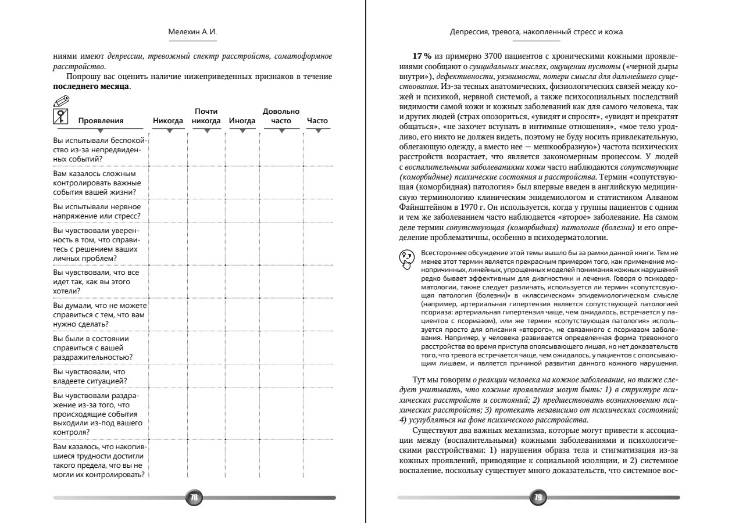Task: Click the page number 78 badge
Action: (194, 497)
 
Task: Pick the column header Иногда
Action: (242, 121)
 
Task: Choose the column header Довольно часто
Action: (281, 116)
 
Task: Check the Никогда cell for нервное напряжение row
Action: (169, 211)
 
